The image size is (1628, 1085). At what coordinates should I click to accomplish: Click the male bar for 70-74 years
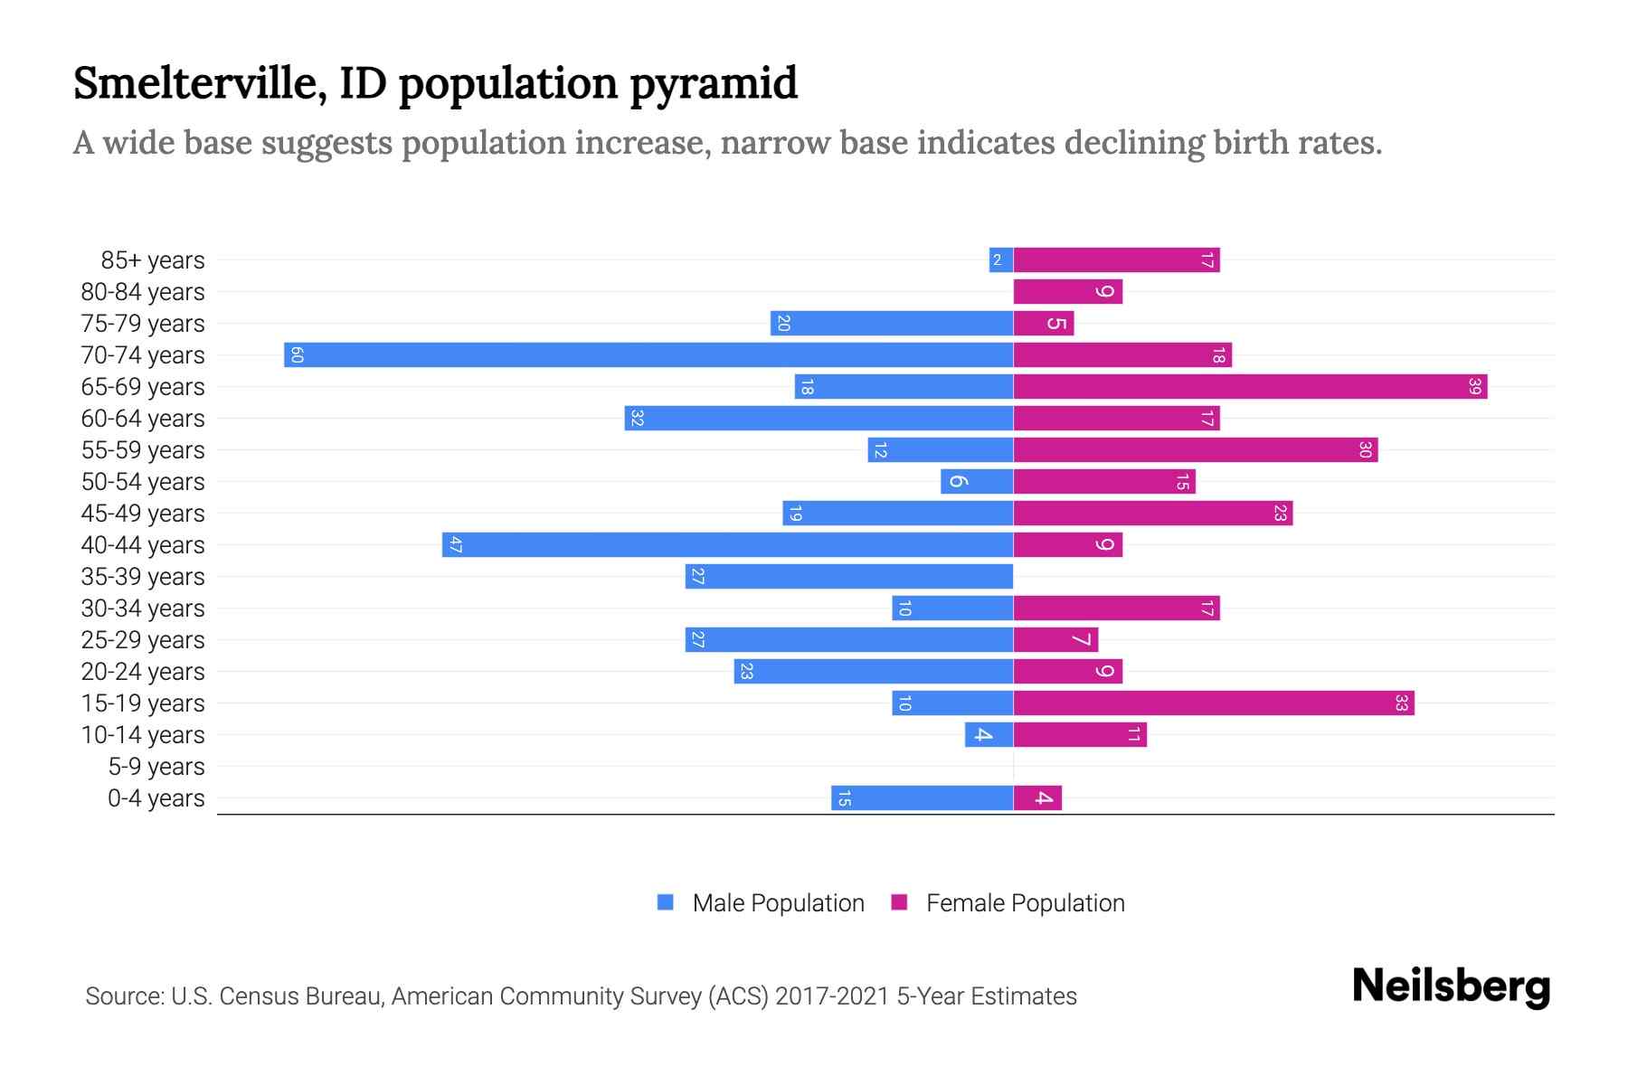pos(648,354)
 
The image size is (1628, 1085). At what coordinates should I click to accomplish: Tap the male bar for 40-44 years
pos(727,544)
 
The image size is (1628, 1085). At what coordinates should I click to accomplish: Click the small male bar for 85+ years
pos(1000,260)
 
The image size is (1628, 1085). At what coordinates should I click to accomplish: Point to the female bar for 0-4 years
pos(1036,797)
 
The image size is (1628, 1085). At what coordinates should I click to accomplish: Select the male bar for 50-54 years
pos(977,481)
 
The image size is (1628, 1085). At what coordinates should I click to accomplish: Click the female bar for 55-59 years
pos(1194,449)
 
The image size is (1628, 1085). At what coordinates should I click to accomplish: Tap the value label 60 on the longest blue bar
pos(297,354)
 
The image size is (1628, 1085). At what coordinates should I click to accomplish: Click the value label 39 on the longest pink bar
pos(1474,387)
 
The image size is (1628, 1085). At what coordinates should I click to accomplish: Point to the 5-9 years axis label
pos(156,767)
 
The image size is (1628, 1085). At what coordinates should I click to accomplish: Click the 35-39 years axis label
pos(143,577)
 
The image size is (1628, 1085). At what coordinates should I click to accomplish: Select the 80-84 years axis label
pos(143,292)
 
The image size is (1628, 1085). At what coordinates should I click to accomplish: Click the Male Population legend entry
pos(778,902)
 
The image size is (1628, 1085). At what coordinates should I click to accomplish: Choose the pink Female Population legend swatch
pos(899,902)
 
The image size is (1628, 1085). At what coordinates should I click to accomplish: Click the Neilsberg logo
pos(1451,986)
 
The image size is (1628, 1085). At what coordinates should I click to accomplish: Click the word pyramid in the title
pos(713,83)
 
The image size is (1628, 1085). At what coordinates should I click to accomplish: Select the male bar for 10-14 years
pos(989,734)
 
